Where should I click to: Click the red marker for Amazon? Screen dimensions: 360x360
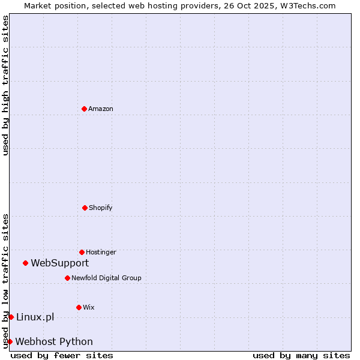(x=84, y=109)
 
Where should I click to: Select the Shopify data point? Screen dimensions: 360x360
(x=85, y=208)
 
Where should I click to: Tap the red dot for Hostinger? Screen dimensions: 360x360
(x=82, y=252)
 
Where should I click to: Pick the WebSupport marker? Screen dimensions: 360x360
(x=25, y=263)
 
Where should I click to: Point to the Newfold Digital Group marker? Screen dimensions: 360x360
(x=67, y=278)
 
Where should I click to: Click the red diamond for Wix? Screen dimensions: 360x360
(x=79, y=307)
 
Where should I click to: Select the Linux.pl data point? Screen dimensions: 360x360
(x=11, y=317)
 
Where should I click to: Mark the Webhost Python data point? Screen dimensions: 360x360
(x=10, y=341)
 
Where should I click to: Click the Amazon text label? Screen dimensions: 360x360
(x=101, y=109)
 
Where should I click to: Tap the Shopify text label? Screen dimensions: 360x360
(x=101, y=208)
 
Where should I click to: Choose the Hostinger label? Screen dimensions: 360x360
(x=101, y=252)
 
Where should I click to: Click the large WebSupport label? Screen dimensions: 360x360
(x=60, y=263)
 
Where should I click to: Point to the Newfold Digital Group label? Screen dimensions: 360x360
(x=107, y=278)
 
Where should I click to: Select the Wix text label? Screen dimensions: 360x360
(x=89, y=307)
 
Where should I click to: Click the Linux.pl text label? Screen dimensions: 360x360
(x=35, y=317)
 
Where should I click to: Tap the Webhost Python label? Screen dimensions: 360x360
(x=54, y=341)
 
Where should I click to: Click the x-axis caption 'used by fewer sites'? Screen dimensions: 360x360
(x=62, y=355)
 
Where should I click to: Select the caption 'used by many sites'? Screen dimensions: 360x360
(x=301, y=355)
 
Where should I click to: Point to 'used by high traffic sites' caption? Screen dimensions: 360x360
(x=5, y=85)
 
